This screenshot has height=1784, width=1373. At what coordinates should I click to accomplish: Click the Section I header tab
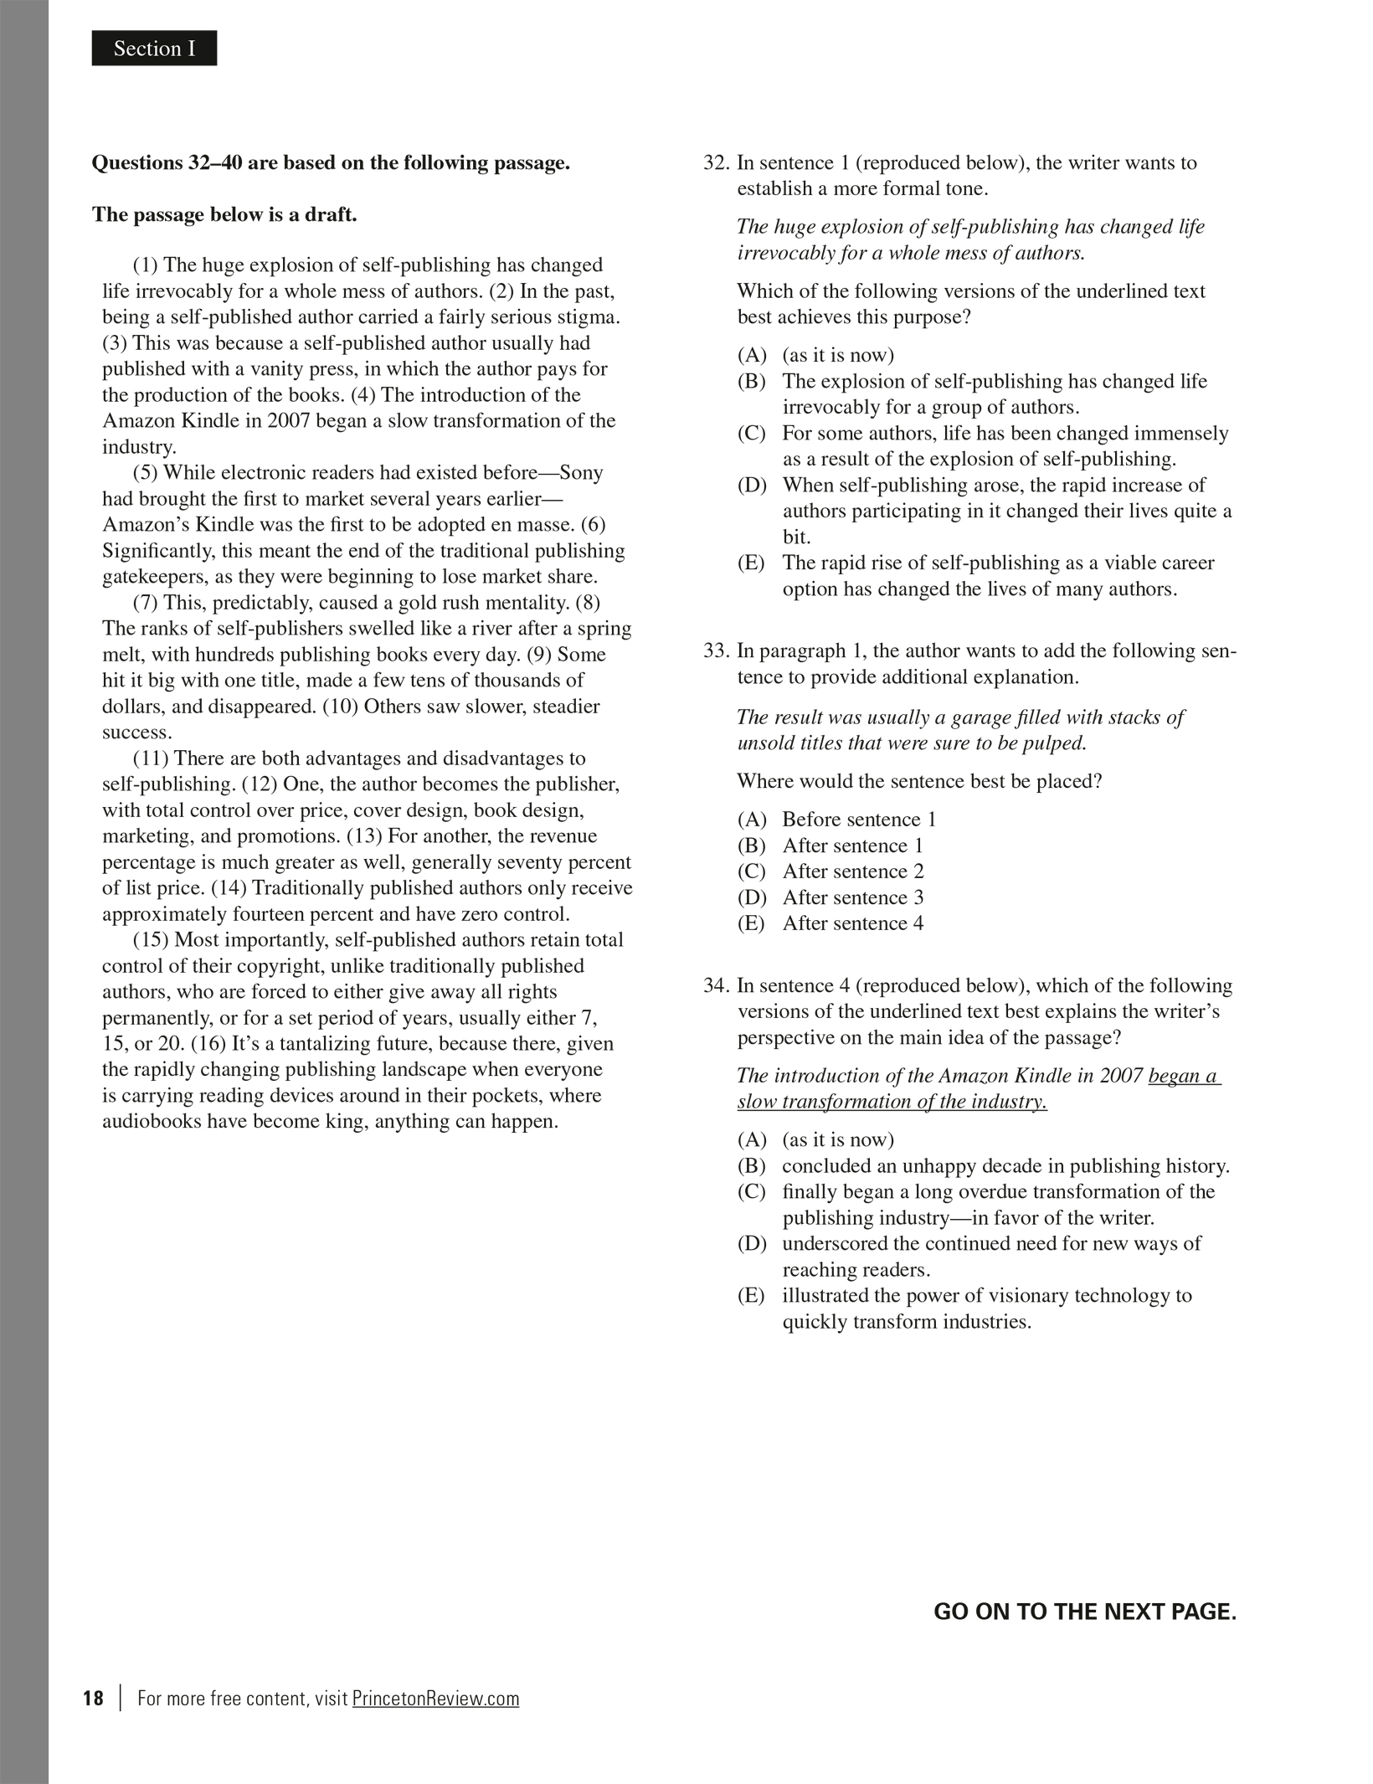tap(154, 49)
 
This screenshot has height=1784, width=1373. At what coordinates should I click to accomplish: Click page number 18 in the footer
tap(93, 1699)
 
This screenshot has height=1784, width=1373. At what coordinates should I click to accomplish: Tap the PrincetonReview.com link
tap(435, 1699)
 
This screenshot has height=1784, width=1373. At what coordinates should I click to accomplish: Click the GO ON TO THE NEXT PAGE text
tap(1084, 1612)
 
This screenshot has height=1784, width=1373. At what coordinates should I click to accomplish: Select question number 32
tap(717, 162)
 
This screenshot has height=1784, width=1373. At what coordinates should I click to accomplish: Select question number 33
tap(717, 650)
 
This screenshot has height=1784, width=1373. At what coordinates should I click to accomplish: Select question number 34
tap(717, 985)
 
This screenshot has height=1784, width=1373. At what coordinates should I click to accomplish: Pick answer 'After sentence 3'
tap(852, 897)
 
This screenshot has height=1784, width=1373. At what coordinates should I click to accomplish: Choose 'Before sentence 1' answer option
tap(858, 819)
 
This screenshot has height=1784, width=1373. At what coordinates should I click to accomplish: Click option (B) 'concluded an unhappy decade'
tap(1005, 1165)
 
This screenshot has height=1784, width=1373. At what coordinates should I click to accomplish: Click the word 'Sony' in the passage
tap(580, 472)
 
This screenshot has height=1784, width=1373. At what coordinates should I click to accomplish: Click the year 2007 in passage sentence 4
tap(289, 420)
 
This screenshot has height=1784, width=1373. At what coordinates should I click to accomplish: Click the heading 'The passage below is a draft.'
tap(224, 214)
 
